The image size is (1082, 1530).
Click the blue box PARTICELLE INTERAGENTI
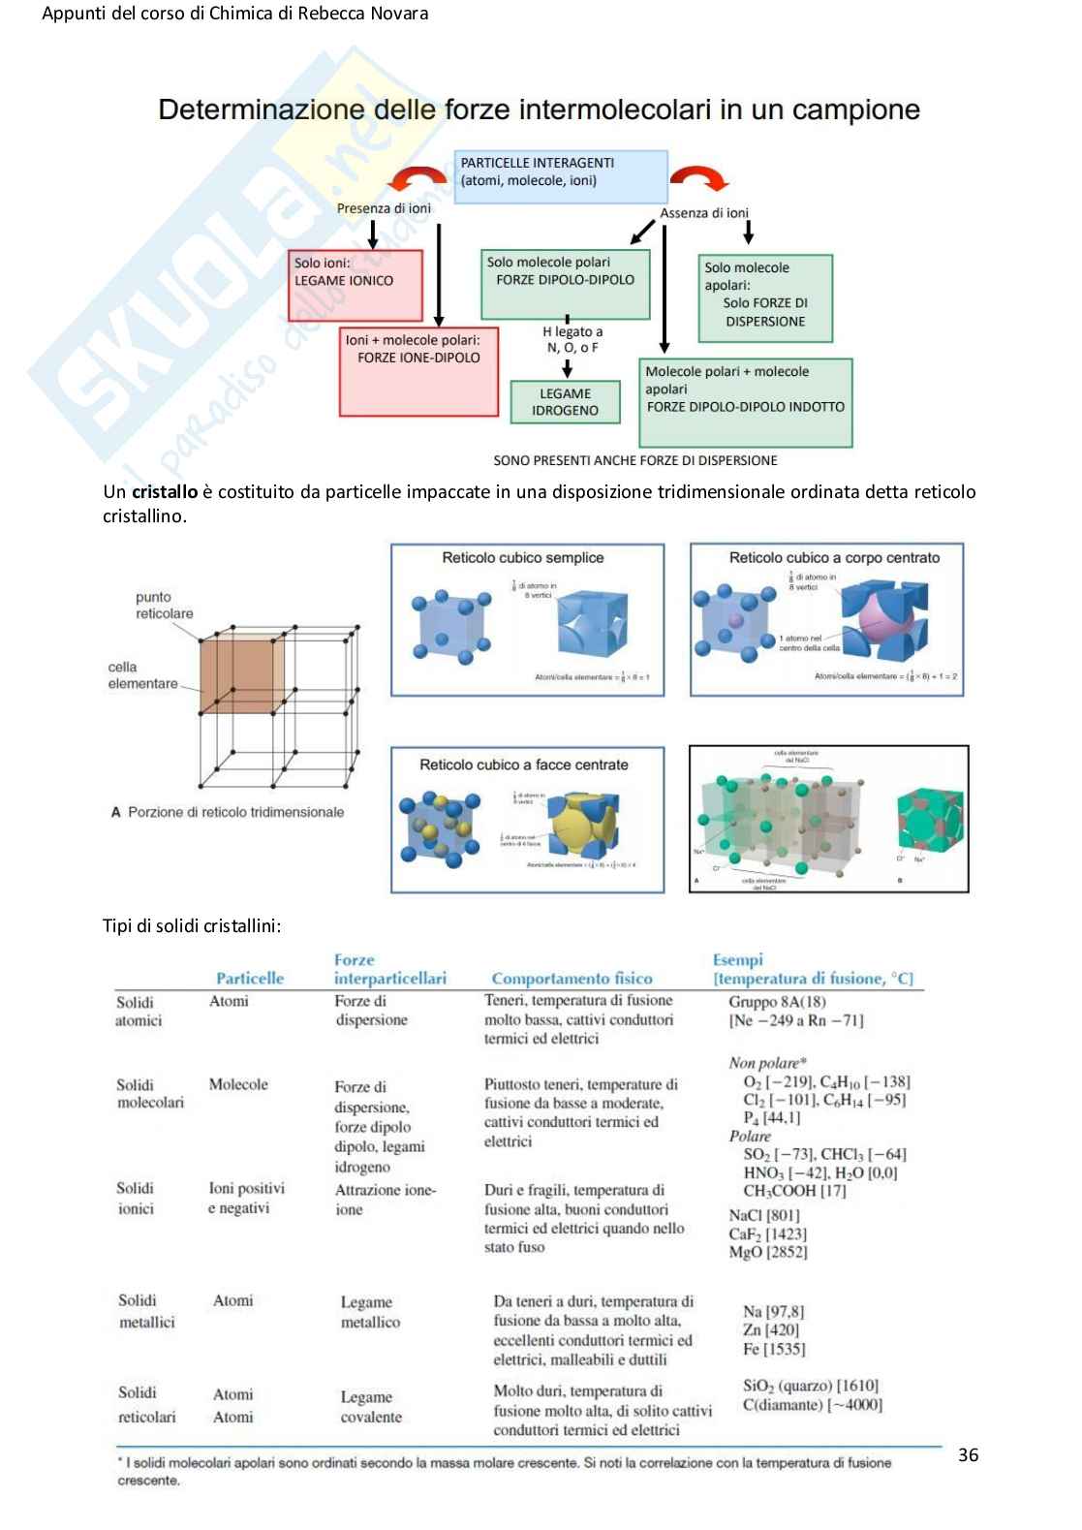click(x=560, y=175)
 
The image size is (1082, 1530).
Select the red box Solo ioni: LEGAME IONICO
click(x=355, y=285)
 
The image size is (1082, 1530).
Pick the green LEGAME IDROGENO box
click(x=565, y=401)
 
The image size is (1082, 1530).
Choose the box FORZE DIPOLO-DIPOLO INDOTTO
click(x=745, y=402)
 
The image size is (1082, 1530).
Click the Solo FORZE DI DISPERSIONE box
click(x=764, y=298)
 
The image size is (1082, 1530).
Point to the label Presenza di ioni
click(x=384, y=208)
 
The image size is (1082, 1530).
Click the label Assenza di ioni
click(x=704, y=213)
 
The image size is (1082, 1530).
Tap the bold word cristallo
click(x=165, y=492)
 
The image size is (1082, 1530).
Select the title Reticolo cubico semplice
click(x=523, y=558)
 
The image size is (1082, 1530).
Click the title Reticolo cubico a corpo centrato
click(x=834, y=558)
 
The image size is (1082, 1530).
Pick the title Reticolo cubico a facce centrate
click(x=523, y=765)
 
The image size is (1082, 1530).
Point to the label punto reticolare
click(x=164, y=606)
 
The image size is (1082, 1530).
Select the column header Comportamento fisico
click(x=572, y=979)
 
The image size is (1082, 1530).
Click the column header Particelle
click(x=250, y=979)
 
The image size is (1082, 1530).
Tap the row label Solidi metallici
click(x=146, y=1311)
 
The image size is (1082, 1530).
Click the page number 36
click(x=968, y=1454)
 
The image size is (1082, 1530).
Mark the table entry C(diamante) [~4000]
click(x=812, y=1405)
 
